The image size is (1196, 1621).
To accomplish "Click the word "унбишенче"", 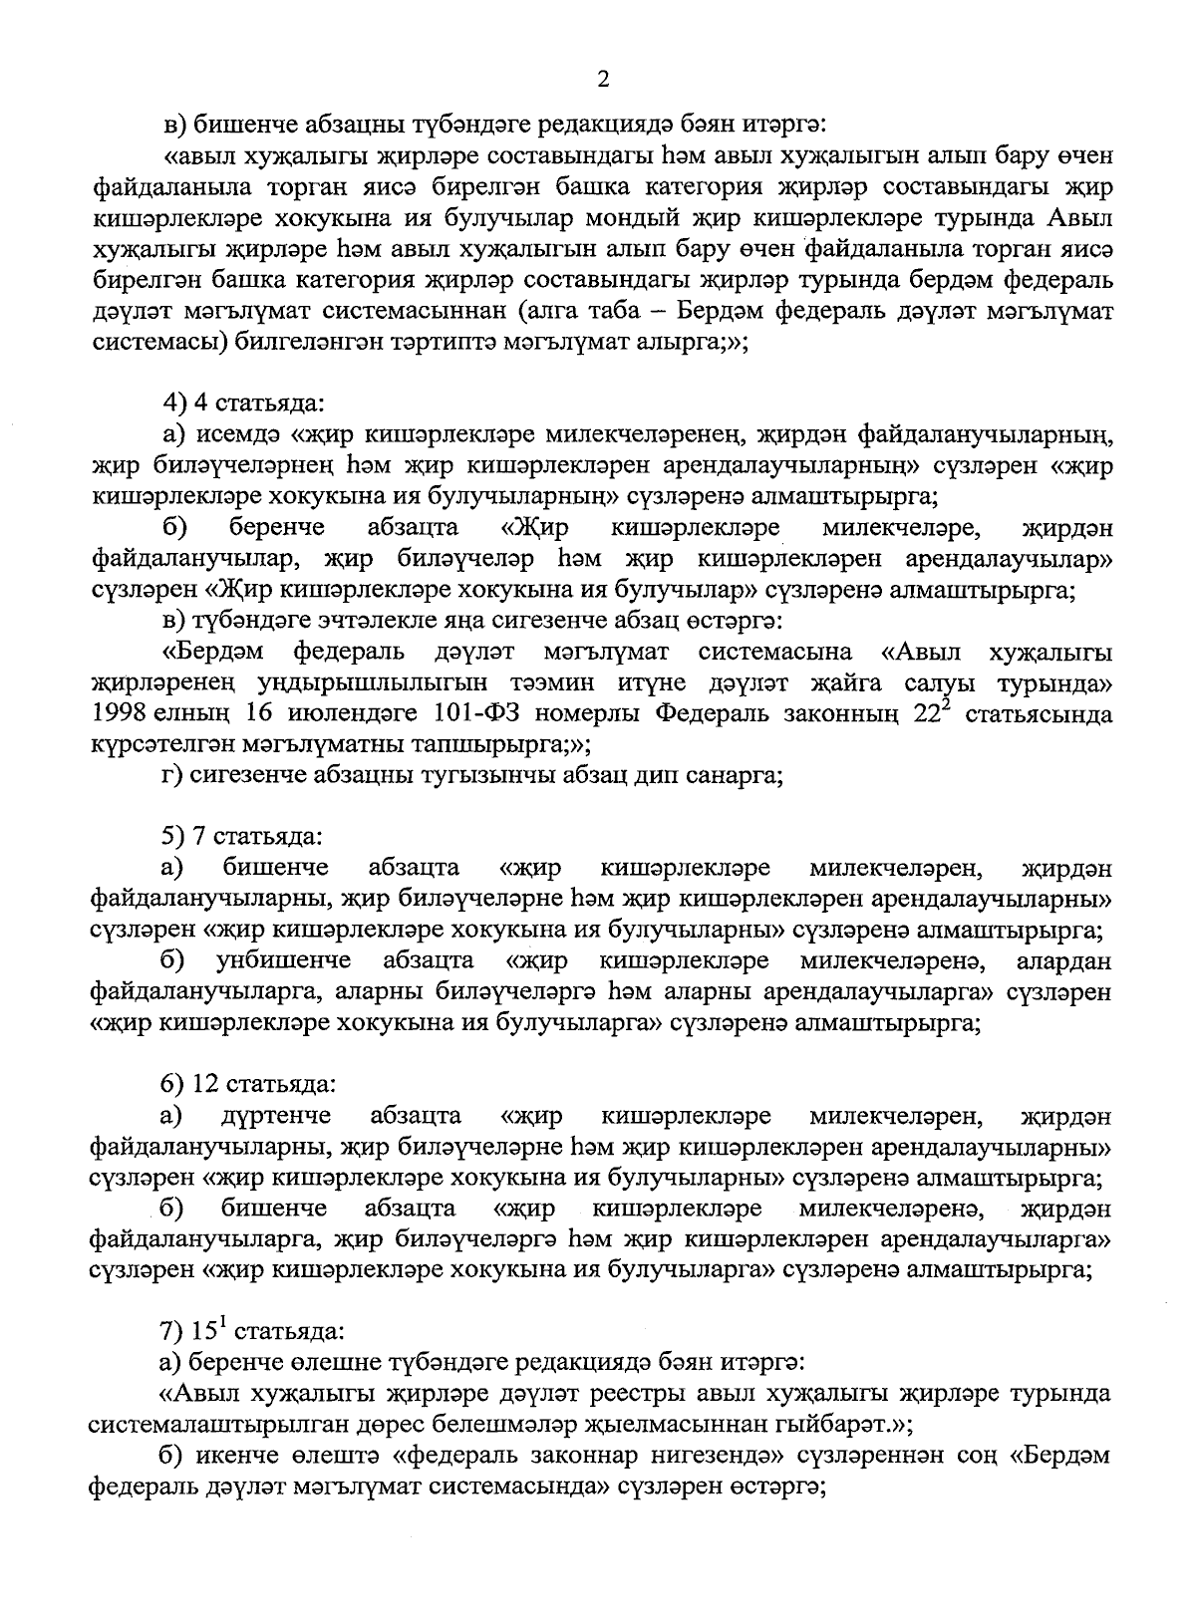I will pyautogui.click(x=284, y=961).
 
